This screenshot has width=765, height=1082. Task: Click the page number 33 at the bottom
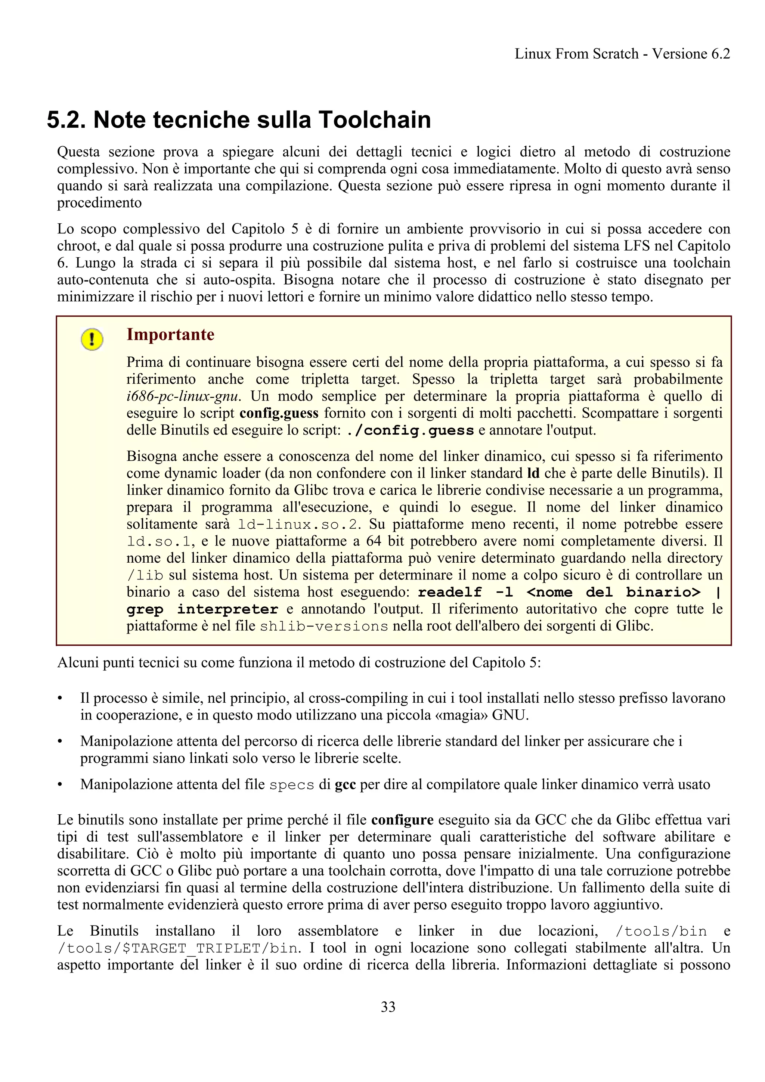[x=388, y=1007]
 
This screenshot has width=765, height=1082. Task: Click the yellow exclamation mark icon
[x=92, y=339]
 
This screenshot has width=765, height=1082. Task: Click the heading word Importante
[x=170, y=335]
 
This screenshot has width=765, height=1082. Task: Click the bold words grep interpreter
[x=202, y=609]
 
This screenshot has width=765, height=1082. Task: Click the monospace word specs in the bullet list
[x=292, y=785]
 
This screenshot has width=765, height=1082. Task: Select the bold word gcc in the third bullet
[x=345, y=785]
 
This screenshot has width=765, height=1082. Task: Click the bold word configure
[x=402, y=820]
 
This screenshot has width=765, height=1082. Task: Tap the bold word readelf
[x=450, y=593]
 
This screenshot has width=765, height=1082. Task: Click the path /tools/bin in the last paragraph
[x=661, y=931]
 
